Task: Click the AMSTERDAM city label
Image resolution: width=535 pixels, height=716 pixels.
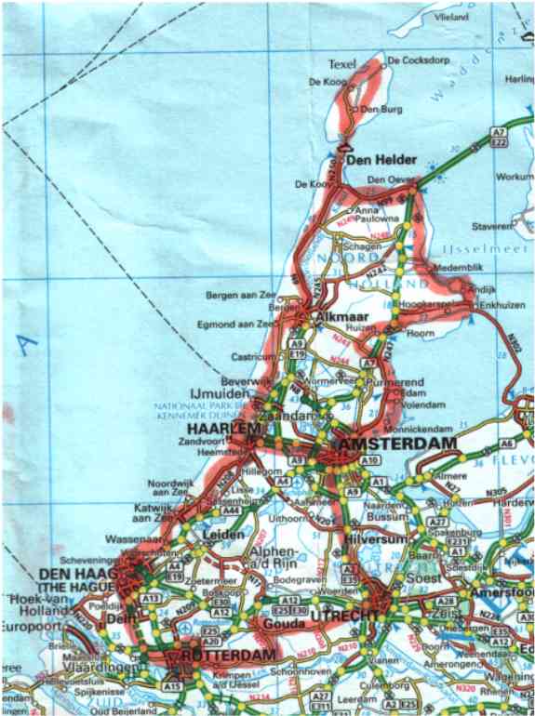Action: coord(400,446)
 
